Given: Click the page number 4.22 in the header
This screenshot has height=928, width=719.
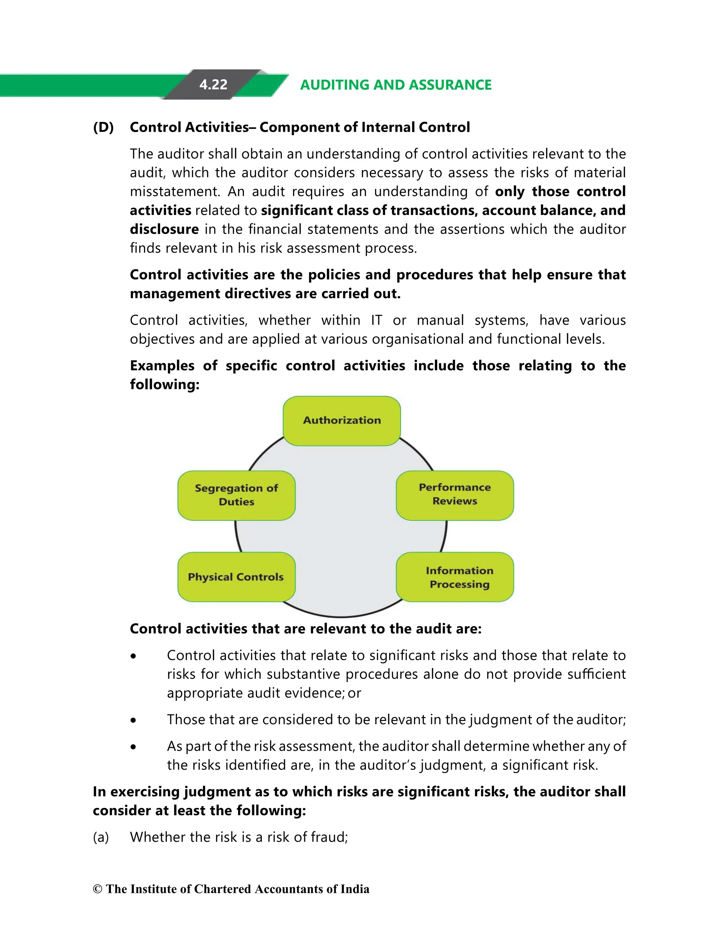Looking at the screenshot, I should (213, 85).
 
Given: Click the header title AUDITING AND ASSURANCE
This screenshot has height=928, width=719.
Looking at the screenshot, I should (395, 85).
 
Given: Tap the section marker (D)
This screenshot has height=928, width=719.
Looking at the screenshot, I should (103, 127).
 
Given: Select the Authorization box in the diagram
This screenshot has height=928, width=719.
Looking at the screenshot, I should (342, 421).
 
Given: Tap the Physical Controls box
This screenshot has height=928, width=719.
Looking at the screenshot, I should (236, 577).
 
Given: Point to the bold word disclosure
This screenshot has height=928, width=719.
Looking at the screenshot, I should (164, 229).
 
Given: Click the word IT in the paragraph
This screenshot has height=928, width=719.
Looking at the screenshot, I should (376, 320).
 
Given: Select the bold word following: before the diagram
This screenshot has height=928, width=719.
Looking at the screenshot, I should (164, 385).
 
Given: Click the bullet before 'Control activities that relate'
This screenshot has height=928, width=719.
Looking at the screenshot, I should (134, 656).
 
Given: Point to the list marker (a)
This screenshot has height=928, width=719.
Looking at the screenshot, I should (101, 837).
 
